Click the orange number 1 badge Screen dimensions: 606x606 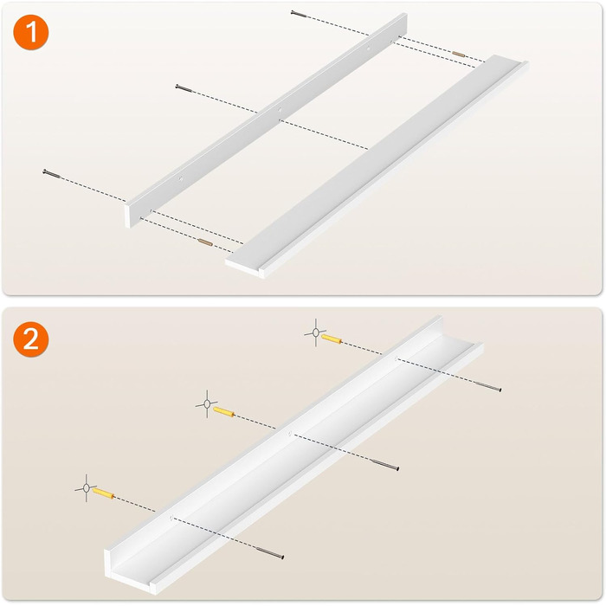31,32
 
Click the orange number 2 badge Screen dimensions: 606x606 31,339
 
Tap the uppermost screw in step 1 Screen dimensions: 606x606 299,15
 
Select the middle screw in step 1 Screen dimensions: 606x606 184,88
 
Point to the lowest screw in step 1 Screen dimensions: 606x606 52,174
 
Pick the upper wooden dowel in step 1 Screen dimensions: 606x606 459,54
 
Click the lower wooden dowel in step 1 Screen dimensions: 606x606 205,242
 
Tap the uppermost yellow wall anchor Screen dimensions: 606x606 332,339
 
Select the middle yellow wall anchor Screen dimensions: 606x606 223,411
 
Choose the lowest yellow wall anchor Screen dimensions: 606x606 103,493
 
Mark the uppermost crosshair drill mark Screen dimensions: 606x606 316,332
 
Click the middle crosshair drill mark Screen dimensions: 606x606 207,404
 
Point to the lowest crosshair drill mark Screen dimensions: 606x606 87,488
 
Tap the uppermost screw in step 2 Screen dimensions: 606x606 487,386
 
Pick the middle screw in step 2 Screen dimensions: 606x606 384,465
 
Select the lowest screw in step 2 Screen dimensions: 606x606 269,552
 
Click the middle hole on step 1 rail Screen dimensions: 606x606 279,110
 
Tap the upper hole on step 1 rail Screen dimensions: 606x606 368,48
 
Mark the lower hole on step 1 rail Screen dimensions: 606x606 180,178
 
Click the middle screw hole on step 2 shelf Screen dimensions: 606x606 289,433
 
